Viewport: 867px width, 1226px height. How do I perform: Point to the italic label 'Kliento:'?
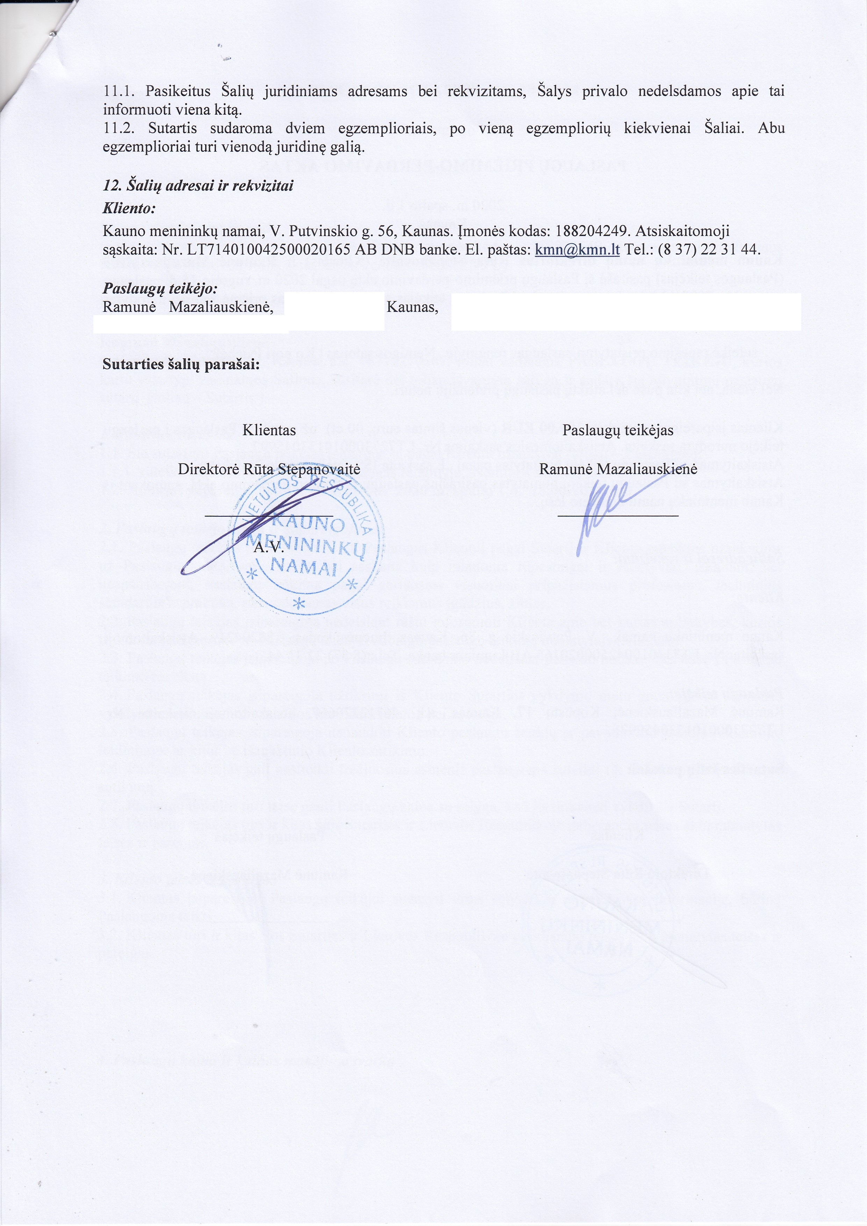[x=129, y=208]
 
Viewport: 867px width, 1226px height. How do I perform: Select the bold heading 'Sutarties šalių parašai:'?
[x=181, y=365]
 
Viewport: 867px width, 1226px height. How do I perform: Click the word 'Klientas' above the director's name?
[x=269, y=430]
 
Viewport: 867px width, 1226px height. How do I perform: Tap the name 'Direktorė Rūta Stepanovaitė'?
[x=268, y=469]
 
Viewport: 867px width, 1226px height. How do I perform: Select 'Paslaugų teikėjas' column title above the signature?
[x=618, y=430]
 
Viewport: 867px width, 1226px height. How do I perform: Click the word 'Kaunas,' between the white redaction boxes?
[x=412, y=308]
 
